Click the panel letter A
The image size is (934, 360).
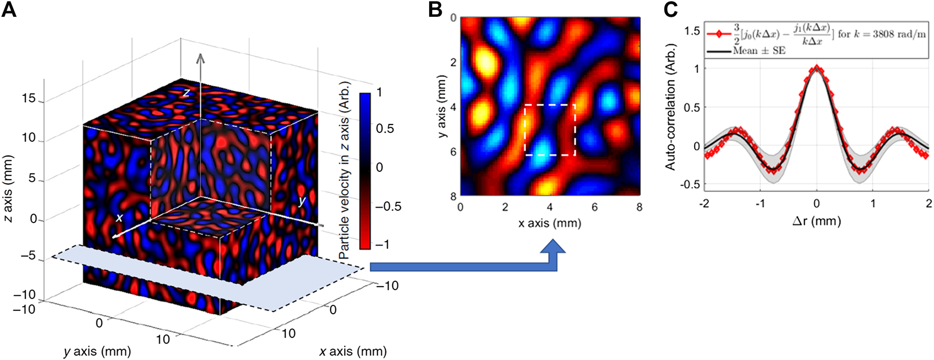9,9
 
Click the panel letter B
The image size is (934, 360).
435,9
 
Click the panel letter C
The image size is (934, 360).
670,9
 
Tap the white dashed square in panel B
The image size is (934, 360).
550,130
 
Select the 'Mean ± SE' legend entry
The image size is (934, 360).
759,51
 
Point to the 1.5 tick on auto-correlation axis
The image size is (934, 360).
692,31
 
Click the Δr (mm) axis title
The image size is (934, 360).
816,221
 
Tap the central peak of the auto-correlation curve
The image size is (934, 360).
816,67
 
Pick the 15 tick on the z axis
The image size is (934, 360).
29,99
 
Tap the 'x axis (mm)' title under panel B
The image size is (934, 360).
549,223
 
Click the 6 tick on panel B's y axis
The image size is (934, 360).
453,152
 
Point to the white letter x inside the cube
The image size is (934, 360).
120,218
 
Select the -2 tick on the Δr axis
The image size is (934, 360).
704,203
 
